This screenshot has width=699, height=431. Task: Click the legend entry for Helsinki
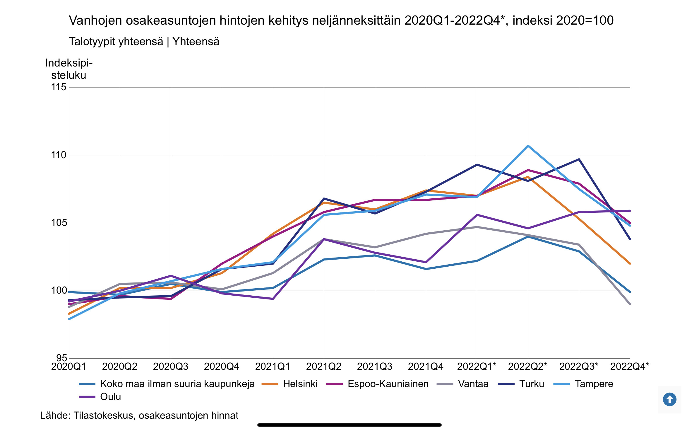tap(300, 384)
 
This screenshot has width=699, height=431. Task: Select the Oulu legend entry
tap(110, 397)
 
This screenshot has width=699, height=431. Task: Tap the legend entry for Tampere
tap(594, 384)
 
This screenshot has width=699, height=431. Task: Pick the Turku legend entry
tap(531, 384)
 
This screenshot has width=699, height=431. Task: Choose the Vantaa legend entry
tap(473, 384)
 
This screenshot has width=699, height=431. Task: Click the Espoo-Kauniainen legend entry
tap(388, 384)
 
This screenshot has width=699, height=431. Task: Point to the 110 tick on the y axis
tap(59, 155)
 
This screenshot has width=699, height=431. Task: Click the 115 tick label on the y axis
tap(59, 87)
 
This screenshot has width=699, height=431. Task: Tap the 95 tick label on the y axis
tap(62, 358)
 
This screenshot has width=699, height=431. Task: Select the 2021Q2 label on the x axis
tap(324, 367)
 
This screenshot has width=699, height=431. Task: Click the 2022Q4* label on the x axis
tap(630, 367)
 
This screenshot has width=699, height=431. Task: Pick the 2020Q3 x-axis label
tap(171, 367)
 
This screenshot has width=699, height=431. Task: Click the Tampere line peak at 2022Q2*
tap(528, 146)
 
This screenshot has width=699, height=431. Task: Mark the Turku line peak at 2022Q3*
tap(579, 159)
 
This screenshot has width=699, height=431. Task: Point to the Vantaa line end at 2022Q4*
tap(630, 304)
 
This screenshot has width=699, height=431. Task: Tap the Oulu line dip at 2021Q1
tap(273, 299)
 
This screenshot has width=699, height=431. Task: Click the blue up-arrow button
tap(669, 399)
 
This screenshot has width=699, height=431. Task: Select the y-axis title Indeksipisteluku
tap(69, 69)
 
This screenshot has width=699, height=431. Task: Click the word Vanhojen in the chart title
tap(95, 21)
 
